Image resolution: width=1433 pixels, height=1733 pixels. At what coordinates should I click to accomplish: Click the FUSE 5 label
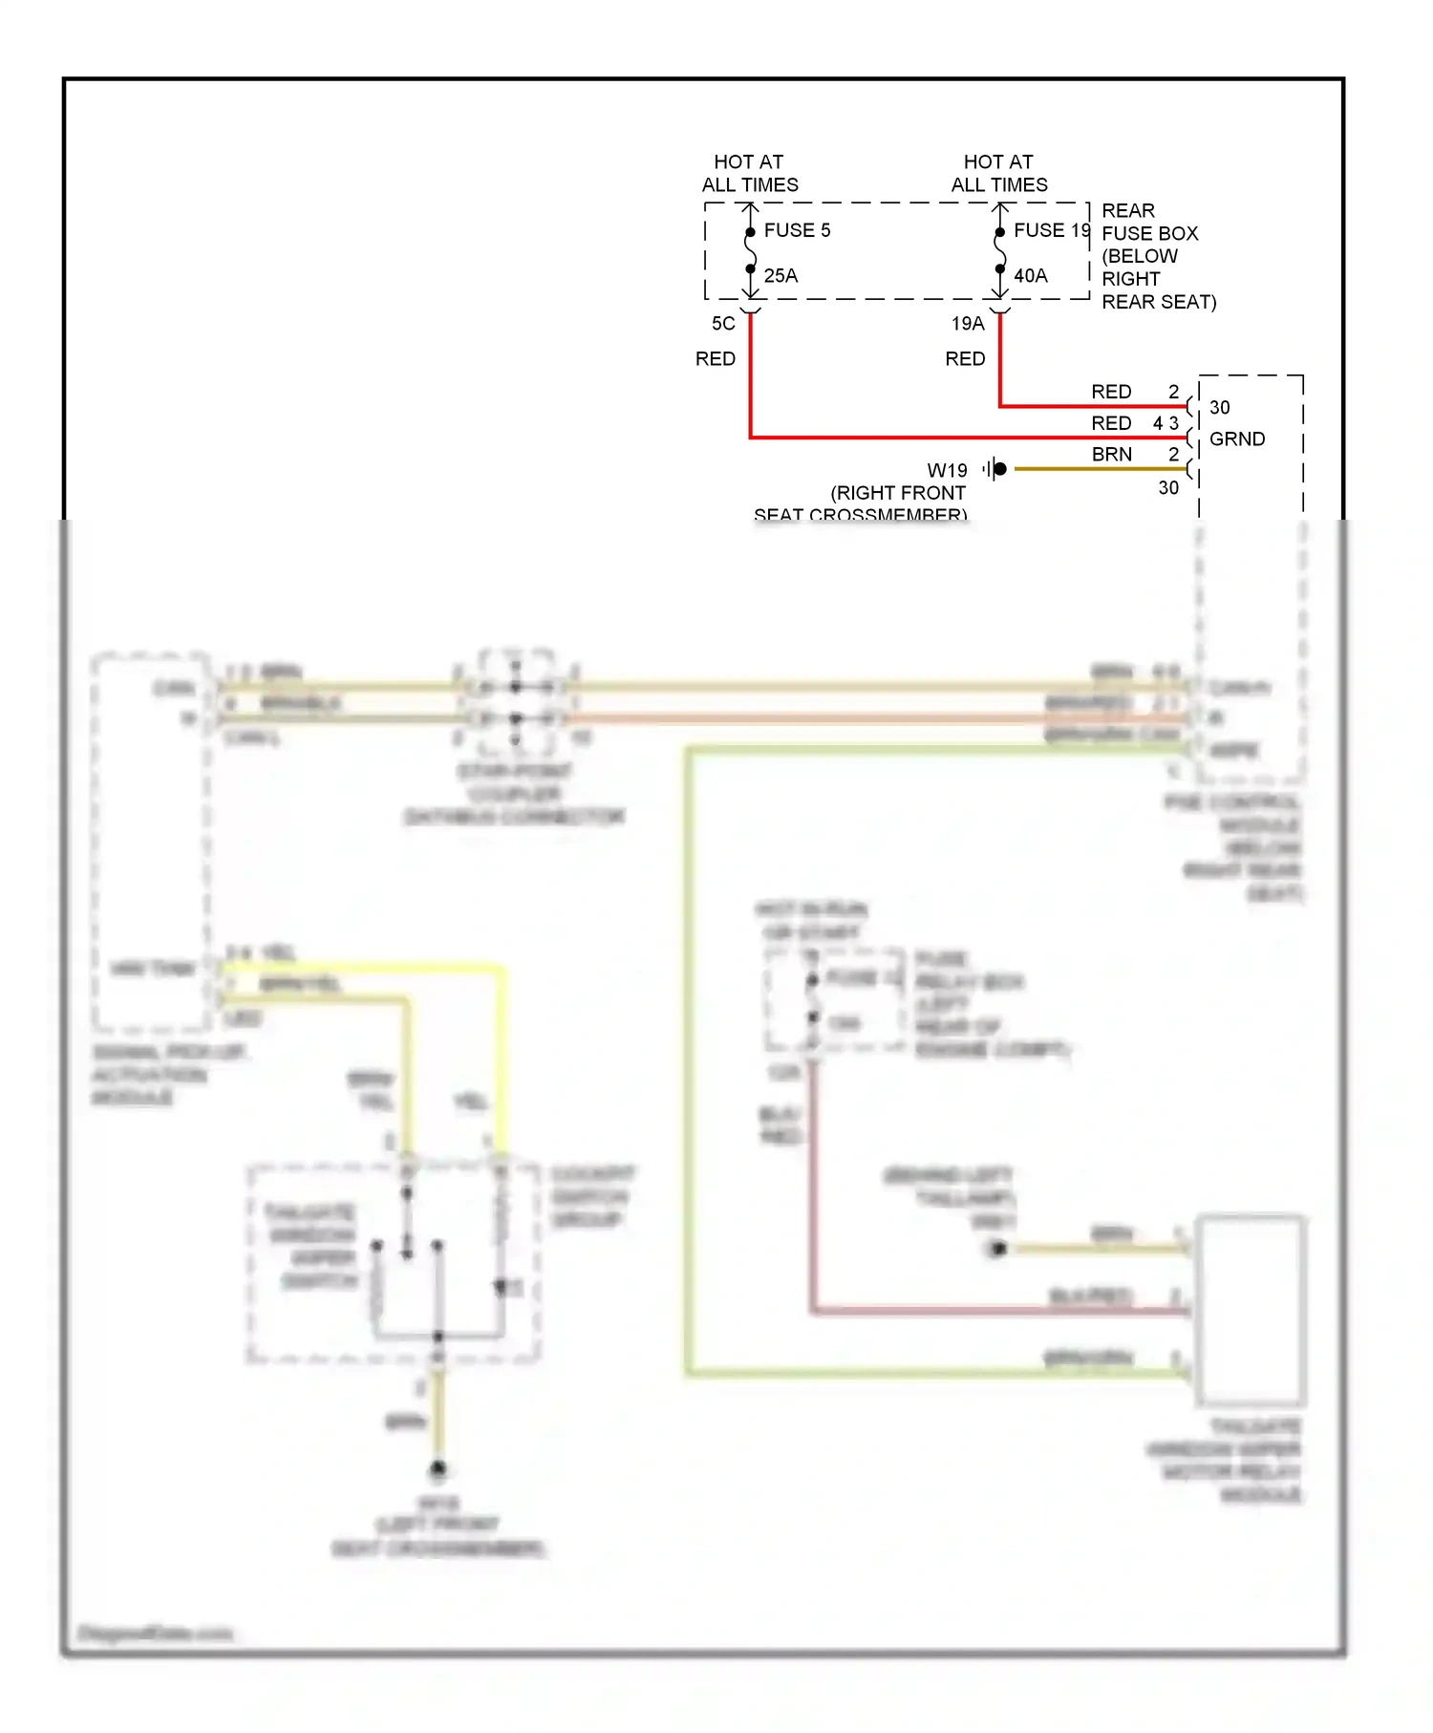(797, 230)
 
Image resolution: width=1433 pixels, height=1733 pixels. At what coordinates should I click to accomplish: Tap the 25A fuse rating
(780, 276)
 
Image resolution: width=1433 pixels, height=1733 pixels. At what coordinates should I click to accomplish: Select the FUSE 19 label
(1051, 230)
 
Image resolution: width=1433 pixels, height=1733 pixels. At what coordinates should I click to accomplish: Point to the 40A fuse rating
(1030, 276)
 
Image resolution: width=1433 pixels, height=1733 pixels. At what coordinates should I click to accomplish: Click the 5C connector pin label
(723, 324)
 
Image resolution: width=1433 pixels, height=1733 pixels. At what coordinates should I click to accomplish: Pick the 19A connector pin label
(967, 324)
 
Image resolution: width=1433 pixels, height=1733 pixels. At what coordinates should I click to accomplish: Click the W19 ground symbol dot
(999, 469)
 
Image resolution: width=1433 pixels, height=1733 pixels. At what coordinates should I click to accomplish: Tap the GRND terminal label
(1236, 439)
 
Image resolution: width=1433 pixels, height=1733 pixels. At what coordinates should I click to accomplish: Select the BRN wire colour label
(1111, 455)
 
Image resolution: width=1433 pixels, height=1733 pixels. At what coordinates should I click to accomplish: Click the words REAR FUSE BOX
(1148, 223)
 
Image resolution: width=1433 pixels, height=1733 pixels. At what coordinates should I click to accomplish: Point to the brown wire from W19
(1099, 469)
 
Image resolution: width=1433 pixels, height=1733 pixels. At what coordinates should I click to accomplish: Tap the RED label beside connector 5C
(715, 359)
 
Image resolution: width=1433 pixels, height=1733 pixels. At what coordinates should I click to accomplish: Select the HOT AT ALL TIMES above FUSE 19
(998, 174)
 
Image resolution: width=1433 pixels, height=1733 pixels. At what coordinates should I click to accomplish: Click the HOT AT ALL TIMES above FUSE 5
(749, 174)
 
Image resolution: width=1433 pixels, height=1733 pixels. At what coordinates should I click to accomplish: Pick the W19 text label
(947, 471)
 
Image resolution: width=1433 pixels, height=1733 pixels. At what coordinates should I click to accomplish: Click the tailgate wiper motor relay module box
(1250, 1310)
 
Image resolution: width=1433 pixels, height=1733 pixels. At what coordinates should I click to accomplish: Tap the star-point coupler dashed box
(516, 703)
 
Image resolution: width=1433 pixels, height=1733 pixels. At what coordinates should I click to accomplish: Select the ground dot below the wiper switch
(438, 1468)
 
